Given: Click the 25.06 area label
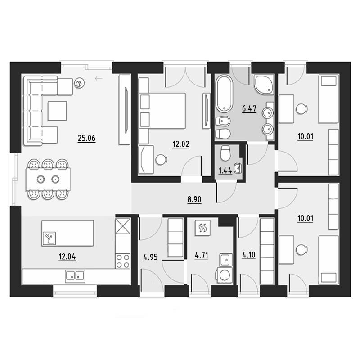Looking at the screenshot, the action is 86,139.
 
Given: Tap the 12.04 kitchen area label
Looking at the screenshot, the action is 67,256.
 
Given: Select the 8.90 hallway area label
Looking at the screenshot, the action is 194,199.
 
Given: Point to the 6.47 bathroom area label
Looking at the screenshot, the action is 249,108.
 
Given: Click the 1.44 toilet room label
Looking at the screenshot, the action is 225,171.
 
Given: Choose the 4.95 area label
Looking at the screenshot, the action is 150,257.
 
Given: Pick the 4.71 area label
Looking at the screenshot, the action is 201,255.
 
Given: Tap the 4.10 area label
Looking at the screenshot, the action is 249,255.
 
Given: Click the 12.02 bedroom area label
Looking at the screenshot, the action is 181,144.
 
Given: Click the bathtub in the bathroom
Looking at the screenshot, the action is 224,94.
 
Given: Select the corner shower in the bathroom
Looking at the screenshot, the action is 264,85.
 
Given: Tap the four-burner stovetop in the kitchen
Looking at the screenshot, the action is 123,261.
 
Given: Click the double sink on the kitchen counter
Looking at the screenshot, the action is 75,275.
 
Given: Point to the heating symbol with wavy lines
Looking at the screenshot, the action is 203,228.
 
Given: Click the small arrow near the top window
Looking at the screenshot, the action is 99,79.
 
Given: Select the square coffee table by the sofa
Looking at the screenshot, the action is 57,111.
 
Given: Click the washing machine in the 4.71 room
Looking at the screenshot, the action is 224,275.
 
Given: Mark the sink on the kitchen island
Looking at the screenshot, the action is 49,238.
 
